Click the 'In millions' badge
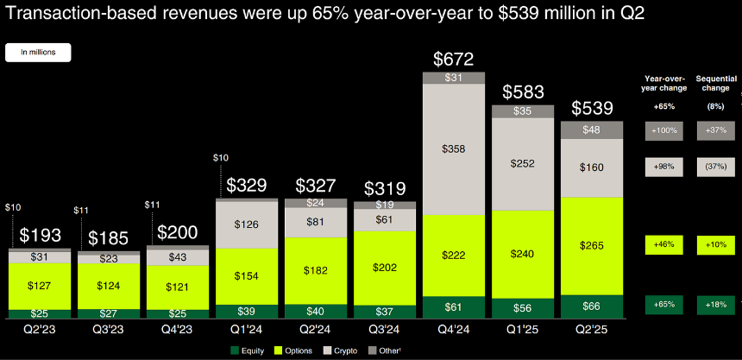(39, 52)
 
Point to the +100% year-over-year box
(664, 130)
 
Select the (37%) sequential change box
(716, 167)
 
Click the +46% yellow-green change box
(664, 245)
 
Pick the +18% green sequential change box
(716, 304)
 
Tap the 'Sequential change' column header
(716, 82)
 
